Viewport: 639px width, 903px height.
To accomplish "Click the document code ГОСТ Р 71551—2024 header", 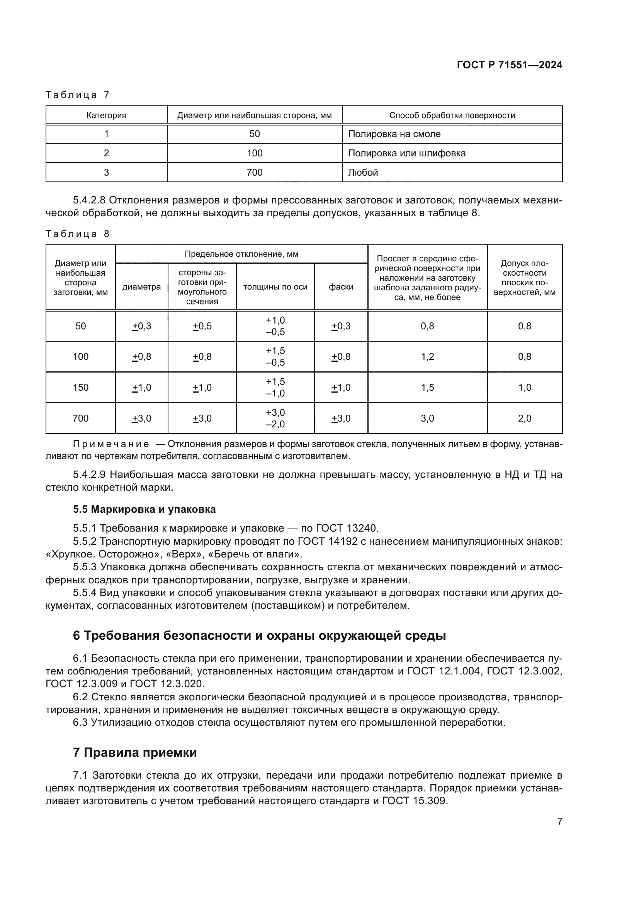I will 509,65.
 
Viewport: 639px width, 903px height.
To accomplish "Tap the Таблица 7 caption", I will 78,95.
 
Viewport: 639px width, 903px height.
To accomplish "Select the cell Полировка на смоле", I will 394,134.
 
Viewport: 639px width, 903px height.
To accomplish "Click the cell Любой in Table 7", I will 363,172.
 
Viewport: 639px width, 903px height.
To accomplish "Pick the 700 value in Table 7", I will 254,172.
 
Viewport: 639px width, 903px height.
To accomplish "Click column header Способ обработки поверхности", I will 452,115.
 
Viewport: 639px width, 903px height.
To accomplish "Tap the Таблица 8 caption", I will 78,234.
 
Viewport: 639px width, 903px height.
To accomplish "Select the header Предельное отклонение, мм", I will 241,254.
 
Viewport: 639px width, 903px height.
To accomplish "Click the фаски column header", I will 341,287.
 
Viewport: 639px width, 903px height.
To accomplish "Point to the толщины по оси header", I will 275,287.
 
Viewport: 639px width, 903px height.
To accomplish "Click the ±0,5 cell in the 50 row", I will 202,326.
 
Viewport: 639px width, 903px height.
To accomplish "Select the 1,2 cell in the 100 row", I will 427,356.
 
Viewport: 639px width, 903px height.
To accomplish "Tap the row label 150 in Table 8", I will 80,387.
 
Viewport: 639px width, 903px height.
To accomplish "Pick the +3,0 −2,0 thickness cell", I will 275,418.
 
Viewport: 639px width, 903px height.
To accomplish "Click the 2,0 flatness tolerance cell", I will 525,418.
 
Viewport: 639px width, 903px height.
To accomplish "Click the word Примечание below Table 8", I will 111,444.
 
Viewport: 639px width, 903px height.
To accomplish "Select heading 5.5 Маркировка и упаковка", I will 144,509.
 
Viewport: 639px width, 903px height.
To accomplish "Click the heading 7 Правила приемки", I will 134,752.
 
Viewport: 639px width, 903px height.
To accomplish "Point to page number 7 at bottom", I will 559,821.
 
